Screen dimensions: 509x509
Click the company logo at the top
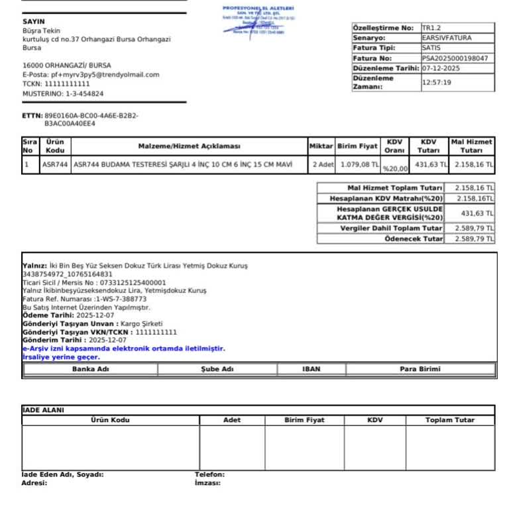point(259,20)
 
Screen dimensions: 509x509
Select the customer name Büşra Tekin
point(42,31)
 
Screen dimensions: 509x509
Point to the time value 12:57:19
point(437,83)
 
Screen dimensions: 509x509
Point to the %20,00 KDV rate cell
point(396,168)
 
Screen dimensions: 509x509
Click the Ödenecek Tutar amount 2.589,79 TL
point(473,239)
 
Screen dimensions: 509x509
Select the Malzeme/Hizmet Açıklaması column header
point(189,146)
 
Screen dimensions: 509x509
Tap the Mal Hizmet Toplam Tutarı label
point(395,188)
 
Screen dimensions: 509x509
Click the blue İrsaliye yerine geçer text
point(61,357)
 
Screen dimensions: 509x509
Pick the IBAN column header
point(311,369)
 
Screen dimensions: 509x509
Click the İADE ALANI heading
point(44,410)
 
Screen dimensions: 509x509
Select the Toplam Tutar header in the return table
point(450,420)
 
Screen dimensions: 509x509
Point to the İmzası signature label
point(207,483)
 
